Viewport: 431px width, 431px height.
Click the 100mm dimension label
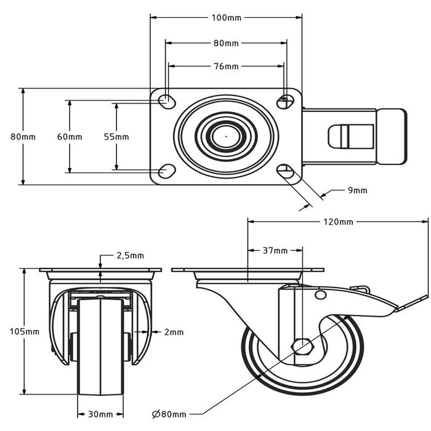[x=226, y=18]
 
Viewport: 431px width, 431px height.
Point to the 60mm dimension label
[x=70, y=137]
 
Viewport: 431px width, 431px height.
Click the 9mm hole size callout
[x=357, y=191]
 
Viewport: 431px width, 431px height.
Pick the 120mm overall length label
[x=337, y=222]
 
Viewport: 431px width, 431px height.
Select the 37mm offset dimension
[x=275, y=251]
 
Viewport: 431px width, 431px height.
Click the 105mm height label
[x=24, y=331]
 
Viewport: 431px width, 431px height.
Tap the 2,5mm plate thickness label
[x=130, y=255]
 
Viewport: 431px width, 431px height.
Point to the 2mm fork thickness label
[x=174, y=332]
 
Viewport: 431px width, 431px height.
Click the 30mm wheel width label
[x=103, y=414]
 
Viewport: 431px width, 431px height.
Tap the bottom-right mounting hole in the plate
[x=285, y=171]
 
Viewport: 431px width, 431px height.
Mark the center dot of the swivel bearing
[x=225, y=136]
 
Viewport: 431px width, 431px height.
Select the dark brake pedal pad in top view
[x=392, y=136]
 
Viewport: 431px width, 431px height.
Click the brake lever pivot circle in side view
[x=320, y=296]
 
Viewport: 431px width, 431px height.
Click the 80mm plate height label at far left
[x=23, y=137]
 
